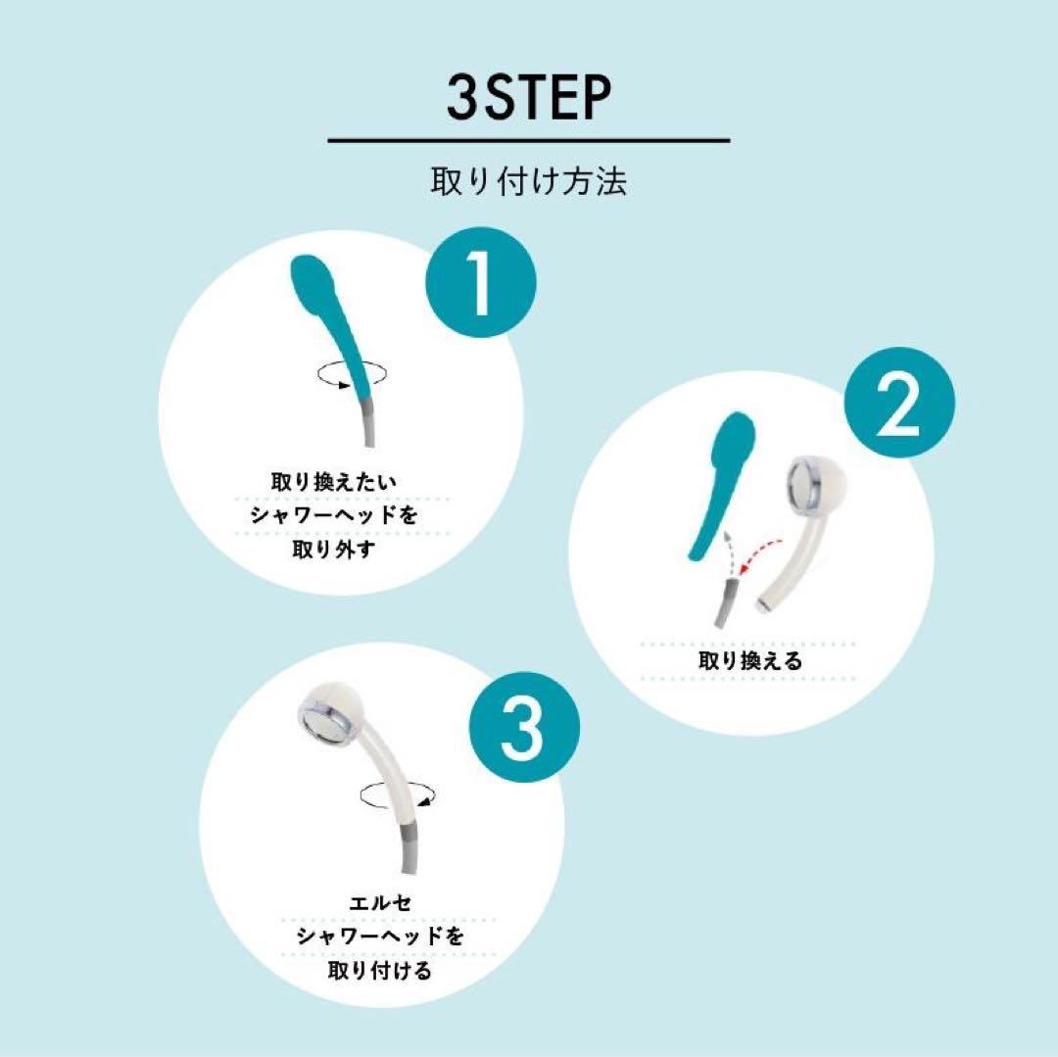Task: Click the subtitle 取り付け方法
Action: coord(529,182)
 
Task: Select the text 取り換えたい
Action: coord(333,483)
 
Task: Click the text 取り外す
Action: coord(333,550)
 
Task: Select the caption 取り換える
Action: coord(749,661)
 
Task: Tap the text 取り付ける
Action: coord(379,971)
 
